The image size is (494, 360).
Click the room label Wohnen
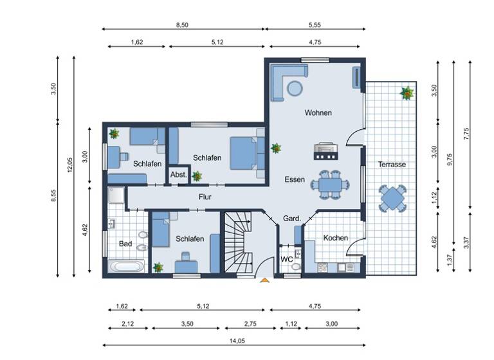click(318, 113)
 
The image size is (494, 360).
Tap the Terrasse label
click(392, 165)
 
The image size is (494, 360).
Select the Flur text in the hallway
click(205, 197)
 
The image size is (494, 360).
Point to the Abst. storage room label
click(178, 175)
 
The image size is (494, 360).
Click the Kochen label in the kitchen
click(335, 238)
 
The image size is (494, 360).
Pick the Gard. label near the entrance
click(292, 219)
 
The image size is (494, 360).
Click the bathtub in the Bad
click(127, 266)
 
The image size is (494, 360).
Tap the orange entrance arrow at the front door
click(264, 280)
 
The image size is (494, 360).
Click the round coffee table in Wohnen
click(295, 88)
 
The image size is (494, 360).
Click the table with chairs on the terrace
click(392, 199)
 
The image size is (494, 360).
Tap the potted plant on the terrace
click(407, 94)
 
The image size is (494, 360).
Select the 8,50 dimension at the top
click(183, 24)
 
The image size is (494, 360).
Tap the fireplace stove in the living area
click(324, 151)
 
